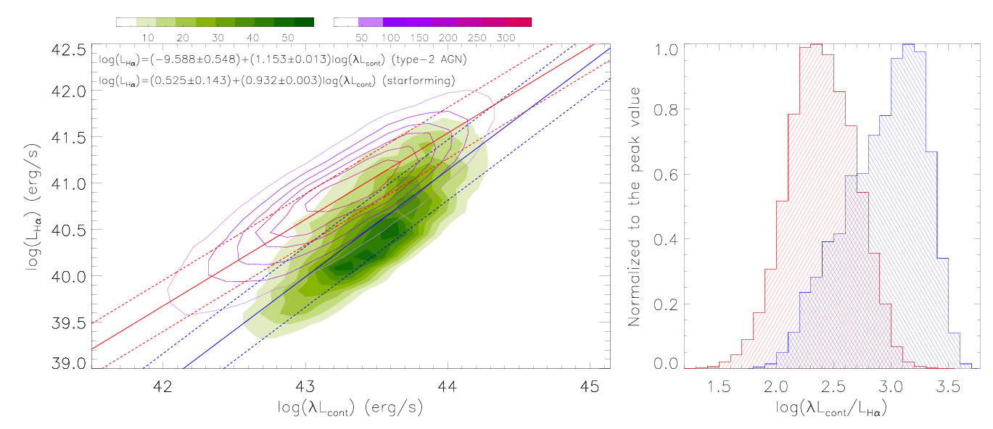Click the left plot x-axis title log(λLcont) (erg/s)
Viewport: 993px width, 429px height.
tap(350, 408)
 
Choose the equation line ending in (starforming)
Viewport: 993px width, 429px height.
tap(276, 80)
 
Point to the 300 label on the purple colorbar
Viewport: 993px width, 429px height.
tap(506, 37)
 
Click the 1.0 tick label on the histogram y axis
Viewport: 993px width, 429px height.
tap(668, 50)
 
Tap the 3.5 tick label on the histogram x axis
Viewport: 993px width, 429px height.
tap(947, 384)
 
